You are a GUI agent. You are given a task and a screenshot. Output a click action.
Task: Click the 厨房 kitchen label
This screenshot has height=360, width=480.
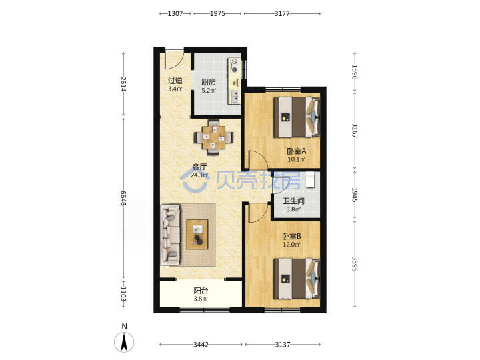click(209, 82)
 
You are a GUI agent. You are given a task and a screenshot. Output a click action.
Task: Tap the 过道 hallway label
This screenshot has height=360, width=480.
click(175, 81)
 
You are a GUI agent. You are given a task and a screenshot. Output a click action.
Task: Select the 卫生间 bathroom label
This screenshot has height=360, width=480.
click(293, 201)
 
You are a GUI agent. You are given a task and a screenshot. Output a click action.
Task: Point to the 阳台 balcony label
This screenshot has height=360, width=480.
click(201, 291)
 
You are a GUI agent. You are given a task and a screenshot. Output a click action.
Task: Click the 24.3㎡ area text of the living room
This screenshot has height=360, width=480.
click(199, 175)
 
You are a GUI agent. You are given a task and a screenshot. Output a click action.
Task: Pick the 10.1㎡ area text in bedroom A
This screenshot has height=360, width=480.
click(296, 159)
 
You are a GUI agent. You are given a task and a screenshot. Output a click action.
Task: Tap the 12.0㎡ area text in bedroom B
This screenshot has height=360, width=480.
click(291, 245)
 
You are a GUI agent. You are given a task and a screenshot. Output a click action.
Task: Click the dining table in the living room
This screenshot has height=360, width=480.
click(214, 137)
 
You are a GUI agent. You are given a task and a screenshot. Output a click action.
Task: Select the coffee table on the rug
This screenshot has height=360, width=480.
click(197, 235)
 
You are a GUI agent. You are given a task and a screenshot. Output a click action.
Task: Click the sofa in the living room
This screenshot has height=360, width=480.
click(170, 235)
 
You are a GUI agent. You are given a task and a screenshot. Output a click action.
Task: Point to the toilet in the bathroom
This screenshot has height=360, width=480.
click(310, 180)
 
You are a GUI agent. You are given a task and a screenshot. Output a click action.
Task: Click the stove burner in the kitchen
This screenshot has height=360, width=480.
click(235, 70)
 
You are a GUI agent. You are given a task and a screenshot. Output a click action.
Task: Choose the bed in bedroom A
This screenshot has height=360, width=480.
click(297, 117)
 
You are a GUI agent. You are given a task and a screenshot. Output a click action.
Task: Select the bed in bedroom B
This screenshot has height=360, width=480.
click(297, 279)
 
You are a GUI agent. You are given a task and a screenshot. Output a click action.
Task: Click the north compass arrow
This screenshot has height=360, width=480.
click(124, 342)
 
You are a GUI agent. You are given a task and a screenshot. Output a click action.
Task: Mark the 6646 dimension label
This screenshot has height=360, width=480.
click(123, 198)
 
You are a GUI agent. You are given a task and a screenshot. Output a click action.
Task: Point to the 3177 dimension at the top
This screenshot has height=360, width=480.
click(282, 13)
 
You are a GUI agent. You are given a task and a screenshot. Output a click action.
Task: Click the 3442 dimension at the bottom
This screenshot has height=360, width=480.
click(201, 345)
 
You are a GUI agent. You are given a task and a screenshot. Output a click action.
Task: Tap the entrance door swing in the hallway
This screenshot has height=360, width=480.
click(174, 59)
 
